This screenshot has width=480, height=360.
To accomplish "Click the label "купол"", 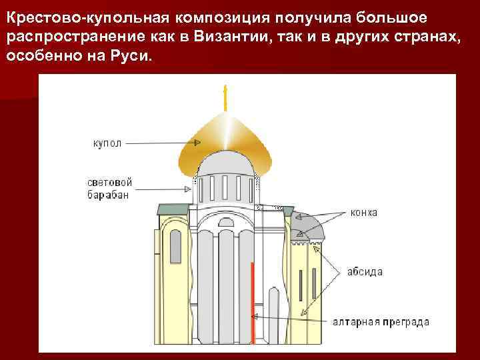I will pos(106,143).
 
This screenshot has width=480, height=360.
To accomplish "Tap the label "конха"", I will pos(364,213).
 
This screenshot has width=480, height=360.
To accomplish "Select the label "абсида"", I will pos(364,272).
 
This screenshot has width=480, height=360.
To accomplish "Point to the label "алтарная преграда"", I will pos(381,322).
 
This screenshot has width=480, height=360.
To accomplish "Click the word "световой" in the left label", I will pos(110,183).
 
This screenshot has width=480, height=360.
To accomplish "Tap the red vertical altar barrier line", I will pos(253,300).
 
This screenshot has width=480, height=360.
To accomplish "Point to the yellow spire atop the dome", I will pos(225,99).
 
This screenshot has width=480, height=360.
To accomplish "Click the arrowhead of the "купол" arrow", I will pos(197,143).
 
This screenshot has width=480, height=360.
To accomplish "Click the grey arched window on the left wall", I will pos(175,247).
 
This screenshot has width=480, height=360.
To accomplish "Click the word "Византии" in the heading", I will pos(225,36).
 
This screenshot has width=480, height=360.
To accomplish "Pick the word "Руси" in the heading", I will pos(135,57).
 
